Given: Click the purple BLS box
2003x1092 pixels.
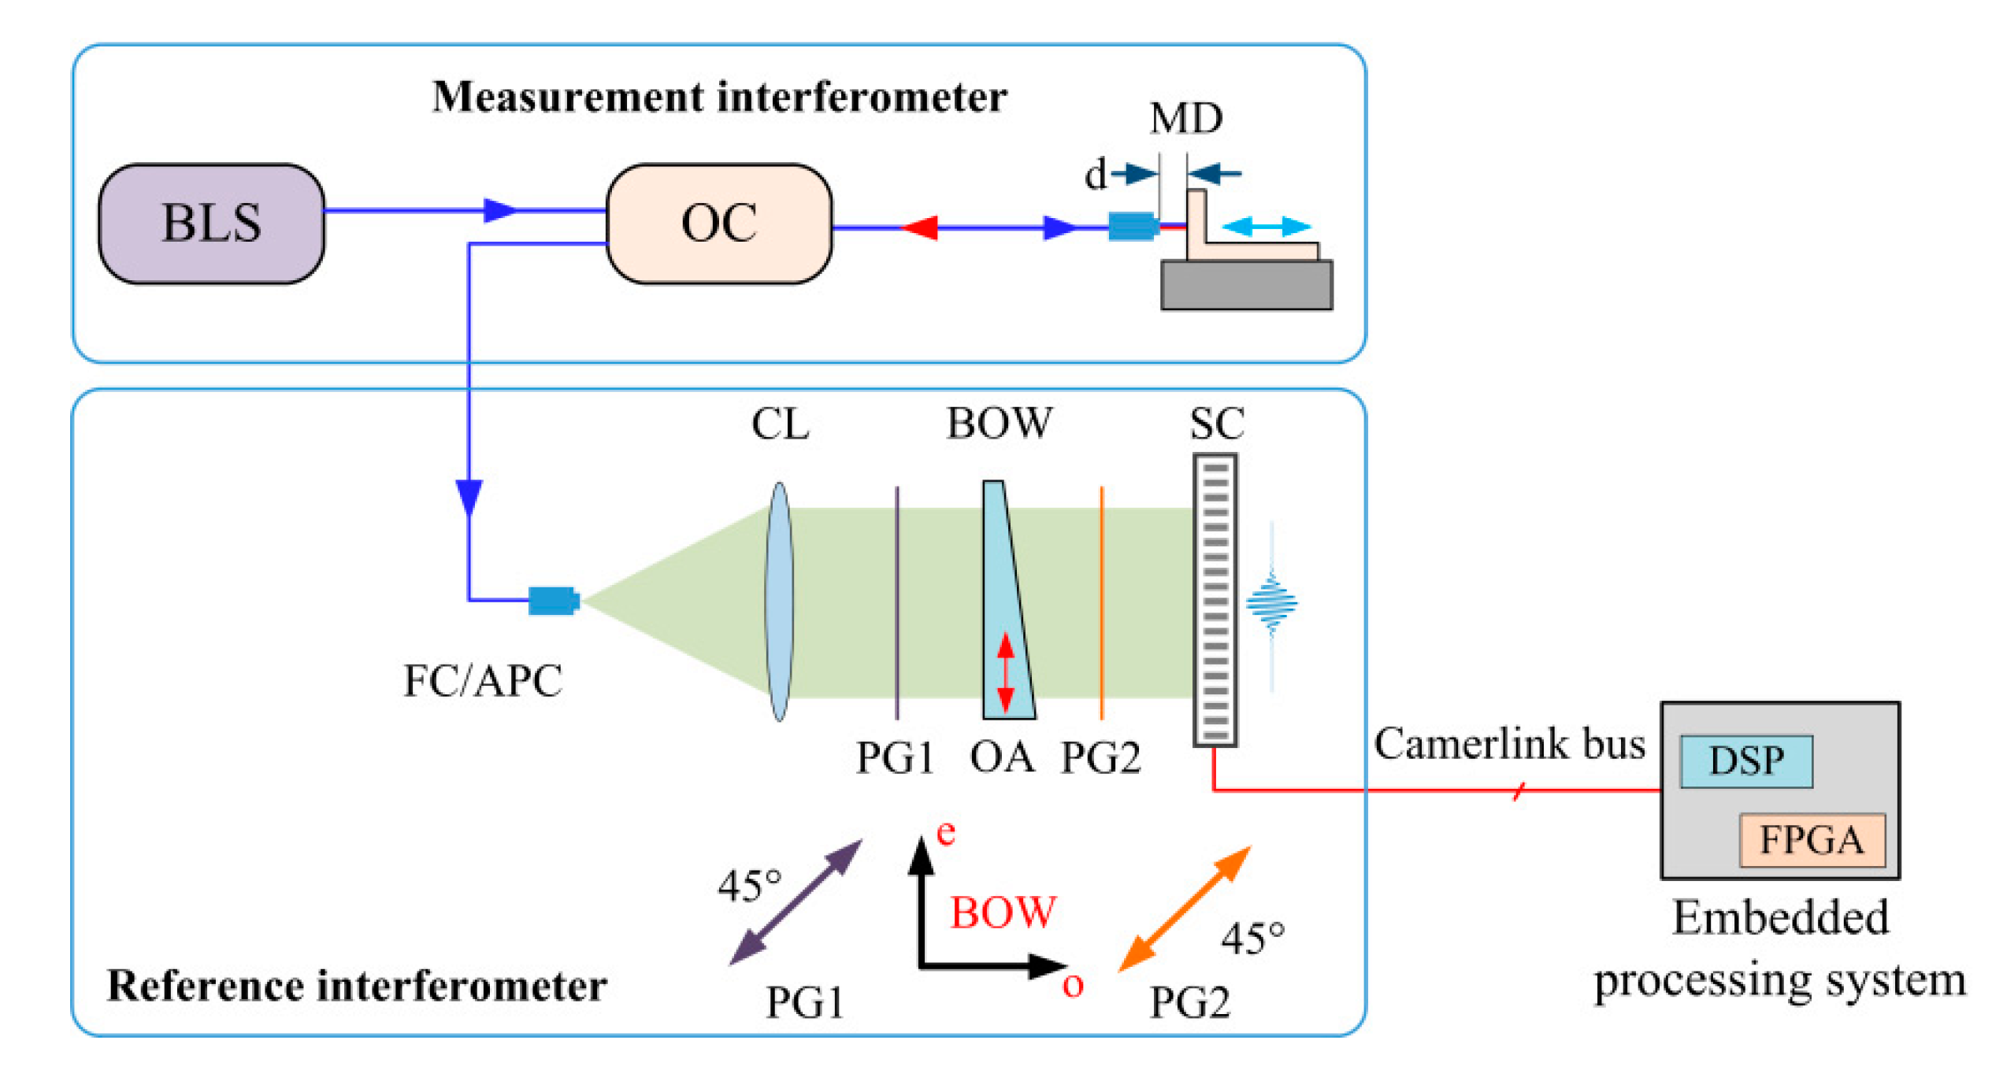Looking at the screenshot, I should click(211, 224).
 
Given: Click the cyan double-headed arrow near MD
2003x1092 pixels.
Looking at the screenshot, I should click(1266, 228).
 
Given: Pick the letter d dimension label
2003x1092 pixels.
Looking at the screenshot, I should click(1095, 174).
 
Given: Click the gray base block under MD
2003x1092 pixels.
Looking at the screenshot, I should click(1247, 286).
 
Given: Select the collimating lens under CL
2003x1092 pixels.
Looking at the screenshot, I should click(779, 602).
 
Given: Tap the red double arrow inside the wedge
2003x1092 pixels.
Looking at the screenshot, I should click(1006, 673).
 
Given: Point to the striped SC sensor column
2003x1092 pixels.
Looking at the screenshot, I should click(1215, 600).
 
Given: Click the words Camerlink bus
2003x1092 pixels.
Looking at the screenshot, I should click(1509, 745).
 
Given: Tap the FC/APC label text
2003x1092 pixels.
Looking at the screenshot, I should click(483, 682).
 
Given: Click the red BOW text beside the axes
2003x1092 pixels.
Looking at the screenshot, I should click(1002, 913).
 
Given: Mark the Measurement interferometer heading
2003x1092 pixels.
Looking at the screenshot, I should click(720, 98).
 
